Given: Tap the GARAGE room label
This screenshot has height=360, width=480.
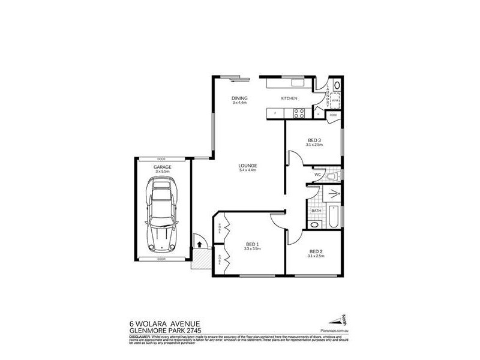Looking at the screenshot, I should click(162, 167).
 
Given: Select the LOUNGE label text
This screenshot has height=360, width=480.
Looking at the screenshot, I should click(248, 166).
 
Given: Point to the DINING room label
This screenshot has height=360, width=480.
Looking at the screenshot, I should click(240, 98).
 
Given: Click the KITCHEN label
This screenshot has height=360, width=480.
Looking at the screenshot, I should click(290, 98).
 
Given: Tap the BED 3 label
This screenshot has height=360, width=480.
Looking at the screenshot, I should click(314, 140).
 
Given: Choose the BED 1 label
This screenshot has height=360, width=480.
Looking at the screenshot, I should click(252, 244).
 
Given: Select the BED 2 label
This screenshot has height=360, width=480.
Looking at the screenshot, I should click(316, 251).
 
